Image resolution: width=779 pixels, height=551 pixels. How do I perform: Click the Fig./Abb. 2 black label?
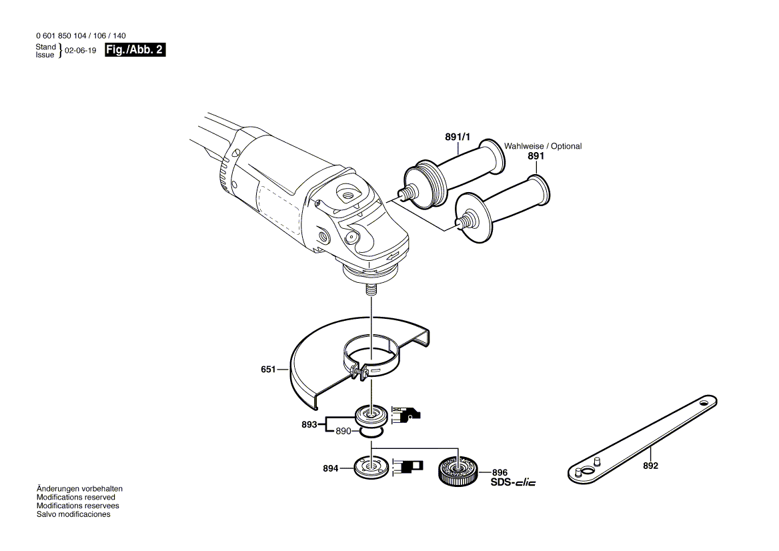click(x=135, y=51)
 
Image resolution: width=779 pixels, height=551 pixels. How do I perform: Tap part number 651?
click(x=268, y=369)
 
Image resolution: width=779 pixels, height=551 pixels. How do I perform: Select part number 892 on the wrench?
click(x=650, y=466)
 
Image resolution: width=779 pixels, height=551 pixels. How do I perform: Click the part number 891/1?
click(x=458, y=137)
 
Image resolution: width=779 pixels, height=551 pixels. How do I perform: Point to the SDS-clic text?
click(x=513, y=482)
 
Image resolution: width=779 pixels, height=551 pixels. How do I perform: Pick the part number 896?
click(x=500, y=472)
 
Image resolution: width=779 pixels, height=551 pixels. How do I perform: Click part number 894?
click(x=331, y=468)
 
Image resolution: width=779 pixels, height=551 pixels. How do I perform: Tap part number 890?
click(x=343, y=432)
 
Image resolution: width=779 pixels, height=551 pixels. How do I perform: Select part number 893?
click(x=309, y=423)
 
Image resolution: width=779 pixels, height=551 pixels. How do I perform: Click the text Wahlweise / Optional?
click(x=542, y=146)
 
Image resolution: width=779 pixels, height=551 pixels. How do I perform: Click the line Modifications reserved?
click(x=75, y=498)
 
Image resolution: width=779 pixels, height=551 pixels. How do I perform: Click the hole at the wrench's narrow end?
click(x=704, y=403)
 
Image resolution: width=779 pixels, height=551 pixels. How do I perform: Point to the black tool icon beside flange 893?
click(x=406, y=415)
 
